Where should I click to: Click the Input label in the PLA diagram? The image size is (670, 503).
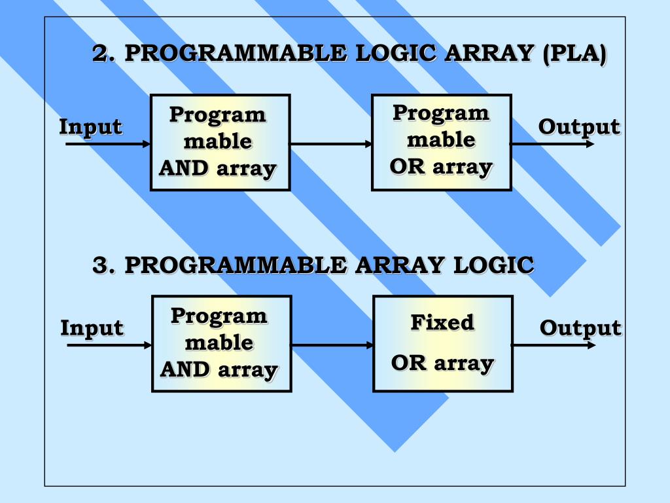click(90, 127)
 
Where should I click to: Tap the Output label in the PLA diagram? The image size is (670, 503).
click(578, 127)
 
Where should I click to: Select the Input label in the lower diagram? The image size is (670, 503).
click(92, 328)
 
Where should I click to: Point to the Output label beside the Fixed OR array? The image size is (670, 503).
click(580, 328)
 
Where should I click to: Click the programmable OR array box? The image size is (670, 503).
click(441, 142)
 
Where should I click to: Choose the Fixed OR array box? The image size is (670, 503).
click(442, 343)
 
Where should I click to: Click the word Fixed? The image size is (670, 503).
click(442, 323)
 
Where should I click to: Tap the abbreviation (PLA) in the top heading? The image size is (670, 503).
click(574, 54)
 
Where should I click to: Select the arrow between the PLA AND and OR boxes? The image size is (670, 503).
click(330, 143)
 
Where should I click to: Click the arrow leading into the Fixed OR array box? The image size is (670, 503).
click(332, 345)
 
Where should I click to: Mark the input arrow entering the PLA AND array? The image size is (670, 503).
click(108, 143)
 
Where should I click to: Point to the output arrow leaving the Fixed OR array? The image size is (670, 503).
click(554, 345)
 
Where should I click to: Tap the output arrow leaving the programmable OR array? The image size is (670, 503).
click(552, 143)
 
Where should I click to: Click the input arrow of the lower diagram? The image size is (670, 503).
click(109, 345)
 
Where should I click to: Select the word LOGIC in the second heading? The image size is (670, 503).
click(494, 266)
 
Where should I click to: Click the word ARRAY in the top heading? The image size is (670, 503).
click(488, 54)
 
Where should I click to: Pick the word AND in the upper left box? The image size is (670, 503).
click(184, 169)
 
